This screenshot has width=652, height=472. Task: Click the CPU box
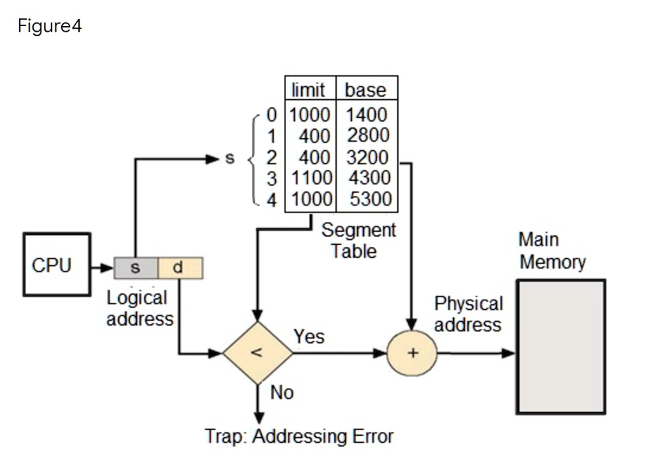tap(57, 265)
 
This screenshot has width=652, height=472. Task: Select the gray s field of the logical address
tap(136, 268)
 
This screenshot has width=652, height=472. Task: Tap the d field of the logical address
tap(180, 268)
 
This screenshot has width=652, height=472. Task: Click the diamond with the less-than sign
tap(258, 353)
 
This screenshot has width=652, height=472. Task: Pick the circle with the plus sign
tap(412, 353)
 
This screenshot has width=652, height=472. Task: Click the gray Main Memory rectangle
tap(560, 347)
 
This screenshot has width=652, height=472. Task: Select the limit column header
tap(308, 90)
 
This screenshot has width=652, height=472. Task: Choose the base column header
tap(365, 90)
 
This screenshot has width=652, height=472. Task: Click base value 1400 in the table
tap(366, 115)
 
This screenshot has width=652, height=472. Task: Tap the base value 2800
tap(367, 135)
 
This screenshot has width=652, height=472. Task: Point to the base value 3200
tap(367, 156)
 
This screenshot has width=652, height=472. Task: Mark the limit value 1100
tap(311, 177)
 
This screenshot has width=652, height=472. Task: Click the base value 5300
tap(370, 198)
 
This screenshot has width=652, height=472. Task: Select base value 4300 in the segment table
tap(369, 177)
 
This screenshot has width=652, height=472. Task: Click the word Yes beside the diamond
tap(309, 336)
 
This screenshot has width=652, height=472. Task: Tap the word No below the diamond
tap(281, 393)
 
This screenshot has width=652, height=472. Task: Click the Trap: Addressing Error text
tap(299, 436)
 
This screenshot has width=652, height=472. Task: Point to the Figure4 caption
tap(50, 26)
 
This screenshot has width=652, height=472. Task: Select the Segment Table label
tap(357, 240)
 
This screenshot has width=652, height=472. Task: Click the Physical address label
tap(468, 314)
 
